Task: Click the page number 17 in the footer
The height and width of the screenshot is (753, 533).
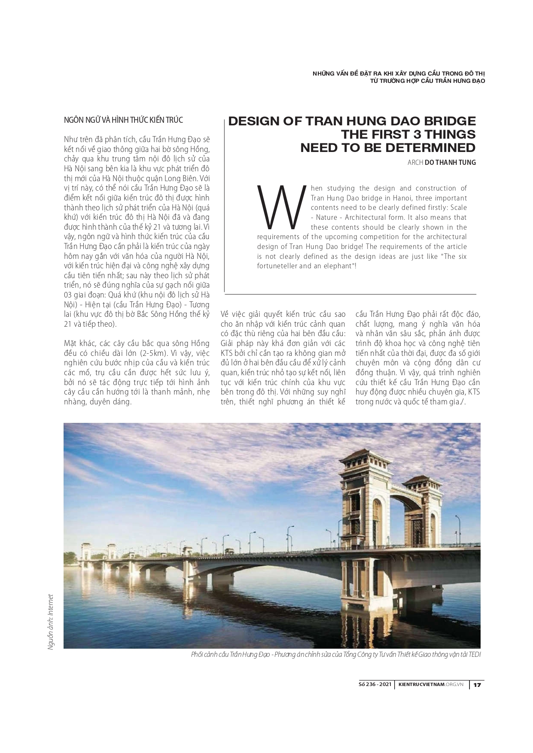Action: coord(477,685)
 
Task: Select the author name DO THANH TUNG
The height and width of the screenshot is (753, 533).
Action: coord(450,163)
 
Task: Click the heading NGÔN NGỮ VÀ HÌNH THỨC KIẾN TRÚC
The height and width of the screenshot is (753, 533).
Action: coord(123,120)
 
